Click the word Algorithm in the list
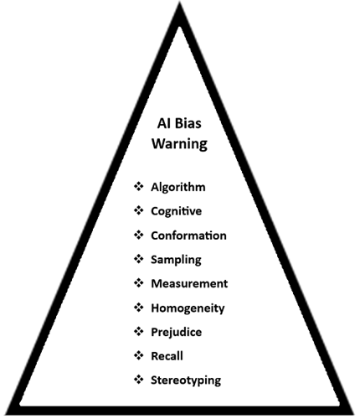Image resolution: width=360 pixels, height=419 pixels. click(178, 187)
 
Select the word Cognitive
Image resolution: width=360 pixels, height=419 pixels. click(176, 211)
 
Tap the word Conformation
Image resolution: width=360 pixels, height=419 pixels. click(188, 235)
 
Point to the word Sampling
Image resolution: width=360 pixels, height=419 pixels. click(176, 260)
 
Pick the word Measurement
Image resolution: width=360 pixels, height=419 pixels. click(189, 283)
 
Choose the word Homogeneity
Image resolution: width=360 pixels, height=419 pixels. click(188, 308)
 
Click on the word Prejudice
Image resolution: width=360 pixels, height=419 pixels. click(177, 333)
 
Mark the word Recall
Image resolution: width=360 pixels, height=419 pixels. click(167, 356)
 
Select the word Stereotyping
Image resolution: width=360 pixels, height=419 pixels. click(186, 380)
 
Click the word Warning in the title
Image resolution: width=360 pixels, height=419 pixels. click(179, 143)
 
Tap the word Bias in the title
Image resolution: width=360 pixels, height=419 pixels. click(188, 123)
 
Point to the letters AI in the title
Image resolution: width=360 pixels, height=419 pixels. click(163, 123)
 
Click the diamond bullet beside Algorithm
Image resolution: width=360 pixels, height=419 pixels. click(139, 186)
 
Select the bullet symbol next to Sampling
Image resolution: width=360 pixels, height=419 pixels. click(139, 259)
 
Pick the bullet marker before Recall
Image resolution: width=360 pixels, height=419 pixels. click(139, 355)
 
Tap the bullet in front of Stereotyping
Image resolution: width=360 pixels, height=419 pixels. click(139, 380)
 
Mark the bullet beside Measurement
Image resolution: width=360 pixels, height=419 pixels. click(139, 283)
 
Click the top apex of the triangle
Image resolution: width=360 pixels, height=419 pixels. click(180, 3)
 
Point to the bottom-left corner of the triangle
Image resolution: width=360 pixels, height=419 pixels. click(6, 414)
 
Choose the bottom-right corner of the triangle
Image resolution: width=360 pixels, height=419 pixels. click(353, 414)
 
